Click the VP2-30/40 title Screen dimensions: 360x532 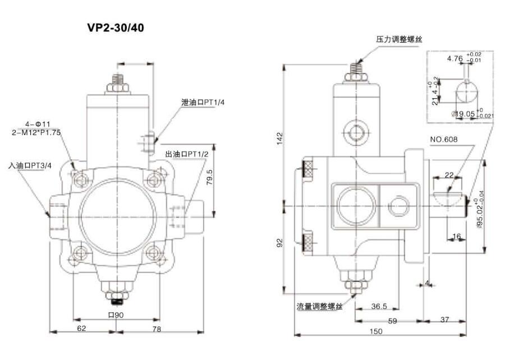click(116, 27)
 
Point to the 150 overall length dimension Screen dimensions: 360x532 click(376, 331)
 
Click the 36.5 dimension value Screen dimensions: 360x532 click(379, 306)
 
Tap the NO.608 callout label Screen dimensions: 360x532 click(443, 139)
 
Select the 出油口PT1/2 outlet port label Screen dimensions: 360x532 click(187, 154)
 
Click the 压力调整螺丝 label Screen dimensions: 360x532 click(398, 40)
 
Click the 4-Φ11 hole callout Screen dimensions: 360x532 click(38, 123)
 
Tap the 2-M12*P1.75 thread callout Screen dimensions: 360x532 click(36, 132)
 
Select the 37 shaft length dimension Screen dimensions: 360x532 click(444, 320)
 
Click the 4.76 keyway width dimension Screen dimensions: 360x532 click(455, 58)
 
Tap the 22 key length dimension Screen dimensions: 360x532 click(448, 176)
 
